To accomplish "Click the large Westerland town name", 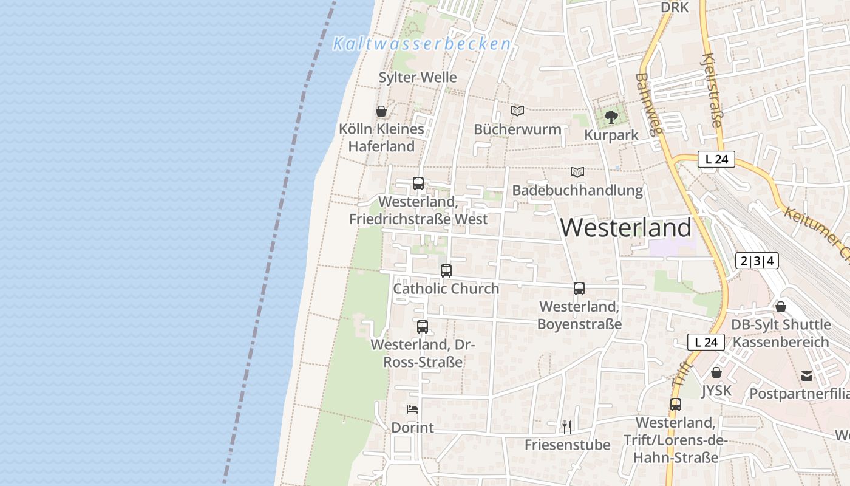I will [625, 228].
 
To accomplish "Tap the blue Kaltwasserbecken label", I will [422, 44].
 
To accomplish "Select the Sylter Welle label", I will [418, 77].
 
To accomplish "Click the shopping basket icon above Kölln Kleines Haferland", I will [381, 111].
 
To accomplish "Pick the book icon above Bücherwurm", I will [517, 111].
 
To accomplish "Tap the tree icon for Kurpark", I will [611, 117].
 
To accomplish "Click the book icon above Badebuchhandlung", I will [577, 173].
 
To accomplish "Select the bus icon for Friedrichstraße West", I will [418, 183].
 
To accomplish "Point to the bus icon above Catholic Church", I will [446, 270].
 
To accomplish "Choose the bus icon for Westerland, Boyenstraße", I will [579, 289].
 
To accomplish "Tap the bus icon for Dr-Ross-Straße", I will [423, 326].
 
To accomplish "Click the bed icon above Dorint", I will [412, 409].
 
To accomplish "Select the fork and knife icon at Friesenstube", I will [566, 426].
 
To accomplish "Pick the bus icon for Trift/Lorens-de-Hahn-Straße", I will [676, 404].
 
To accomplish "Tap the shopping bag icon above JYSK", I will [716, 372].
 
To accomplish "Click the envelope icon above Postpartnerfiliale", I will [807, 376].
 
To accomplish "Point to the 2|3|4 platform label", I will [756, 261].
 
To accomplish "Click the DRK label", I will [675, 7].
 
